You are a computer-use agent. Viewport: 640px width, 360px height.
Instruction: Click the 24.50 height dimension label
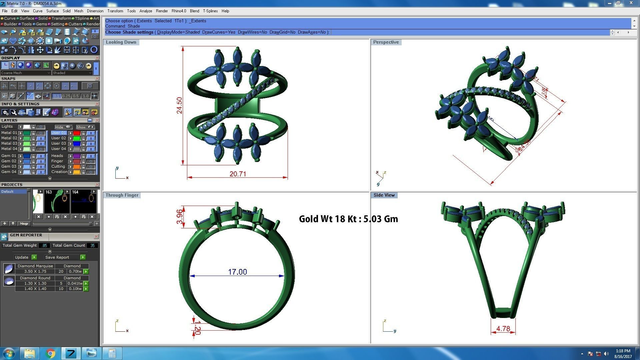(179, 105)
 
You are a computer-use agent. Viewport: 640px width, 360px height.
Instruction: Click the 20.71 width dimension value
(238, 174)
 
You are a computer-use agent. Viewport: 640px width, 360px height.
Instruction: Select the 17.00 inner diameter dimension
(237, 272)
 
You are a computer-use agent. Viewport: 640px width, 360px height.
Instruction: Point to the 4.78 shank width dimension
(503, 329)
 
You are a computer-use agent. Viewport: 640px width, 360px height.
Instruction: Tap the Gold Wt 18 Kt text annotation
(348, 219)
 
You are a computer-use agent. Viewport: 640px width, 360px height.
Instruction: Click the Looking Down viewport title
(121, 42)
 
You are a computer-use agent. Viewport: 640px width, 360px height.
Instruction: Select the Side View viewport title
(384, 195)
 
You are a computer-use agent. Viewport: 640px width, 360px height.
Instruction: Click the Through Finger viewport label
(122, 195)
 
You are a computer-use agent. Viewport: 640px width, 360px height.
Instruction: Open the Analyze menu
(146, 11)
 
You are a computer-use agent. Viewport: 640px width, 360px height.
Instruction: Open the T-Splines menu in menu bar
(210, 11)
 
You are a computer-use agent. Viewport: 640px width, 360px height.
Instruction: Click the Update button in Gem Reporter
(22, 257)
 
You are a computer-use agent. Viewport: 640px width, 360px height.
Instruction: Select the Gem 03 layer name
(9, 166)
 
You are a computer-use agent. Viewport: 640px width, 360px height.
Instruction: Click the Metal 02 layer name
(9, 138)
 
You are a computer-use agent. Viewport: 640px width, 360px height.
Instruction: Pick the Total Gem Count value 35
(92, 246)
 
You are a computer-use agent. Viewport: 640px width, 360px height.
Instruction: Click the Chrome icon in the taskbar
(50, 353)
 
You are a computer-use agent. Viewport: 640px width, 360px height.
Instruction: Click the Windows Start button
(9, 353)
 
